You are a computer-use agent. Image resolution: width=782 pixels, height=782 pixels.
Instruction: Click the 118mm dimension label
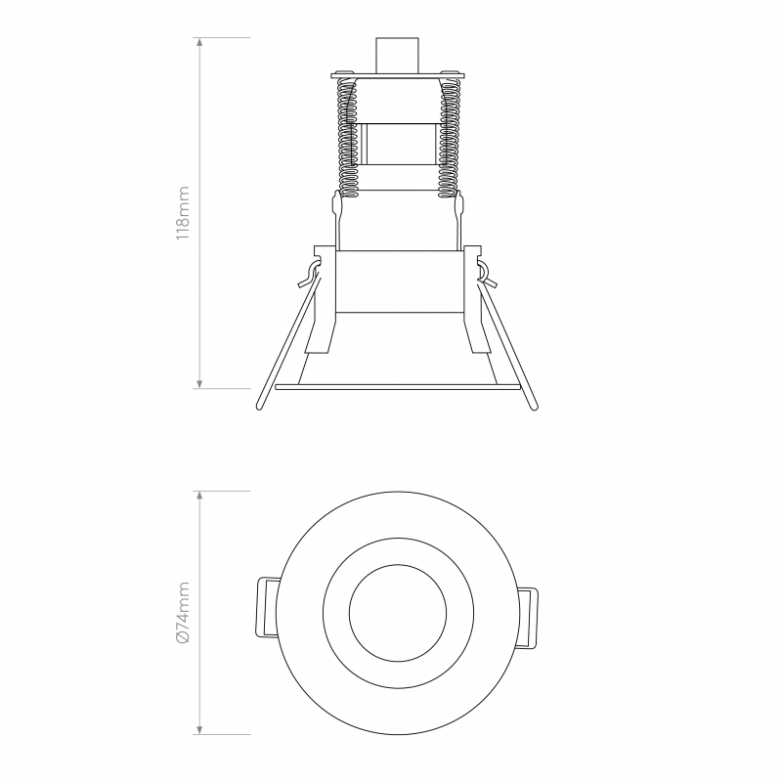tap(183, 214)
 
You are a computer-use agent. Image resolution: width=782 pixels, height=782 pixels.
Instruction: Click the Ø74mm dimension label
tap(183, 612)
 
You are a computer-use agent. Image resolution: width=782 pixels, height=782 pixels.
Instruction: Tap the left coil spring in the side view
tap(344, 137)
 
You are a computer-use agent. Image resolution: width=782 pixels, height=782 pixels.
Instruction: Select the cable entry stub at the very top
tap(397, 54)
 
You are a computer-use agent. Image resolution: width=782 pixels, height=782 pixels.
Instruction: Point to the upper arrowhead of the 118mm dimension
tap(200, 42)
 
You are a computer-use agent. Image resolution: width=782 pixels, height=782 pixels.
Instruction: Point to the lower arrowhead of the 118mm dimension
tap(200, 384)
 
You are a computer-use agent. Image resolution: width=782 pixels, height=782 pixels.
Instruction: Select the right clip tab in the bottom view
tap(529, 617)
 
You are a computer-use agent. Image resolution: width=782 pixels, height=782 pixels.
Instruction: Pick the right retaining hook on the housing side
tap(485, 273)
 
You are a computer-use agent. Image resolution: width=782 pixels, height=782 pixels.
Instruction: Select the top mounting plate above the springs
tap(397, 72)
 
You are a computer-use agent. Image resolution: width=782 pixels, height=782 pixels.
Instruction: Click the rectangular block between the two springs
tap(397, 143)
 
